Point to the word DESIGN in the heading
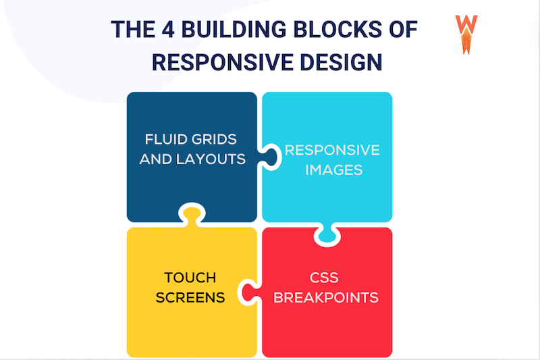[x=342, y=62]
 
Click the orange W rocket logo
[x=466, y=34]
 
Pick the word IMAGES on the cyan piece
[x=333, y=170]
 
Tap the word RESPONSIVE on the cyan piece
[x=332, y=150]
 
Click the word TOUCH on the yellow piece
[x=190, y=278]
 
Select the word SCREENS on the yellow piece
[x=190, y=297]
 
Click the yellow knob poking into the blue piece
[x=191, y=215]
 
